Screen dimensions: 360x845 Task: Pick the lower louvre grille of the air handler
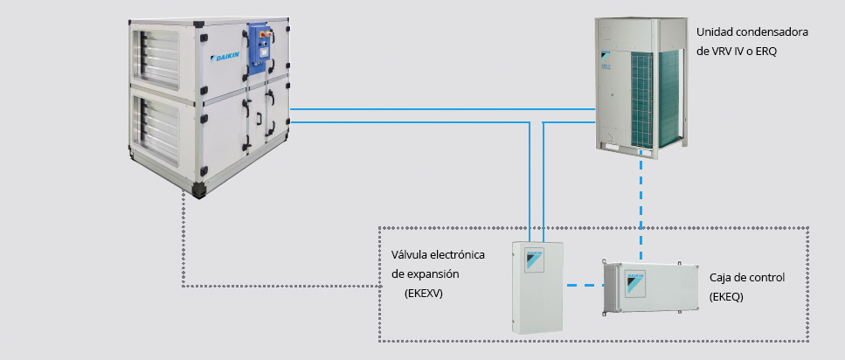coord(161,126)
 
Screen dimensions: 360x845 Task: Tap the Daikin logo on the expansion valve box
coord(531,260)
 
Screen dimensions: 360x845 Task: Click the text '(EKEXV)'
coord(424,294)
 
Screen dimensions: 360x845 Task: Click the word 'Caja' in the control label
coord(721,278)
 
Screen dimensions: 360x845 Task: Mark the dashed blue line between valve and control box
coord(583,285)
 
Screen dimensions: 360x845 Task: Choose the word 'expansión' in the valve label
coord(430,274)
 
